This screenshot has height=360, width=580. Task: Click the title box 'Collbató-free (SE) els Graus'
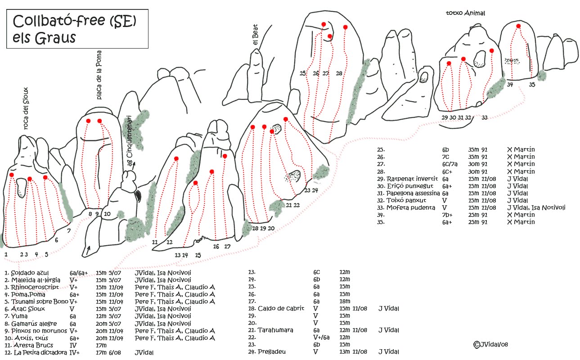point(77,29)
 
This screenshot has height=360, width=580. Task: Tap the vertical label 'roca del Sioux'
point(26,108)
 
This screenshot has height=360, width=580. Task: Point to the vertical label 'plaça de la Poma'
point(99,75)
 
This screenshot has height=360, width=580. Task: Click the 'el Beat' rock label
point(255,35)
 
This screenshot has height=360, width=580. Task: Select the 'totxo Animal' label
point(465,13)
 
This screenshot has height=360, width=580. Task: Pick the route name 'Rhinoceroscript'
point(35,287)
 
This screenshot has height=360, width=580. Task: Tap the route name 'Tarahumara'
point(275,330)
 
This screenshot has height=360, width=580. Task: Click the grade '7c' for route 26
point(445,157)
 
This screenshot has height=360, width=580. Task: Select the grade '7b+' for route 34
point(447,215)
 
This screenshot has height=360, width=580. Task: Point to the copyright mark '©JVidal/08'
point(490,344)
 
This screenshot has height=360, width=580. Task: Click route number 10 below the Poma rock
point(107,214)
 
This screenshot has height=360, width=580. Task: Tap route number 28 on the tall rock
point(339,73)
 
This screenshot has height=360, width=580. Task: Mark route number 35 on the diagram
point(532,85)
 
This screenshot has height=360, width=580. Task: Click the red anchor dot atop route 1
point(11,175)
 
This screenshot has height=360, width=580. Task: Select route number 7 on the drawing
point(69,230)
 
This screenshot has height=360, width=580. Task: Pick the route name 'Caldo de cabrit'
point(281,308)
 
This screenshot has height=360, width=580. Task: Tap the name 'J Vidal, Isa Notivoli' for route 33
point(536,207)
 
